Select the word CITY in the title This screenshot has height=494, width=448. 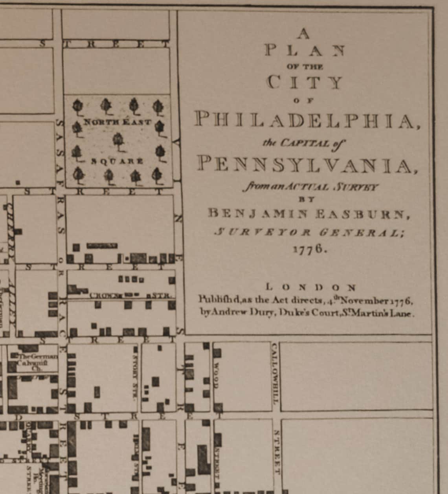(x=305, y=82)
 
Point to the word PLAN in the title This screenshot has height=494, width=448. (x=305, y=51)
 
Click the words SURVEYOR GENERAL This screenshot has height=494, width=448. (x=309, y=232)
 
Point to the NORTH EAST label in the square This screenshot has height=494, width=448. (x=118, y=122)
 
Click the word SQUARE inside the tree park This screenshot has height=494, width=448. (x=117, y=161)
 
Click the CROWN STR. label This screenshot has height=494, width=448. (x=130, y=295)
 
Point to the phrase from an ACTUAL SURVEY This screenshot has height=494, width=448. (x=310, y=187)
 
